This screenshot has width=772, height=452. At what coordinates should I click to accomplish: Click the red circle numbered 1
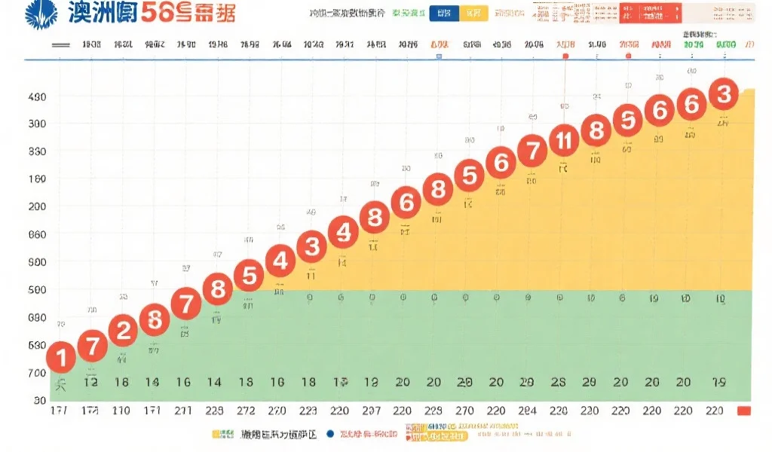(x=61, y=357)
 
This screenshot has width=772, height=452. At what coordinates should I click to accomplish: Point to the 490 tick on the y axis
(x=37, y=96)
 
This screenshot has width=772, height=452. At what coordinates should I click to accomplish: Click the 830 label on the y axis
(x=37, y=151)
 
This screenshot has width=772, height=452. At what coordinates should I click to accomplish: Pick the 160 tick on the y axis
(x=37, y=179)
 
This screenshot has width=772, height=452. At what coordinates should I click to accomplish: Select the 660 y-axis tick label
(x=37, y=234)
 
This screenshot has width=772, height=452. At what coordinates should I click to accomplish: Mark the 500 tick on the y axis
(x=37, y=290)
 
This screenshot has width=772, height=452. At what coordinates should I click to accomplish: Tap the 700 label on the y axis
(x=37, y=373)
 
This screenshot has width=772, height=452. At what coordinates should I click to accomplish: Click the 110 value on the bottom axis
(x=121, y=411)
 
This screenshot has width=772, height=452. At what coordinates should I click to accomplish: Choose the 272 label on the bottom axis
(x=247, y=411)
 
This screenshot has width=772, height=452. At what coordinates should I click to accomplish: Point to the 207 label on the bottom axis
(x=371, y=411)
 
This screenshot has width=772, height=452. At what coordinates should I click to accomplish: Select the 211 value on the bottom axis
(x=184, y=411)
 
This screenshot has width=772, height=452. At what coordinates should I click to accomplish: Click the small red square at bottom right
(x=744, y=411)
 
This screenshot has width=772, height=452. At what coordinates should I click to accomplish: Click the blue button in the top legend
(x=444, y=14)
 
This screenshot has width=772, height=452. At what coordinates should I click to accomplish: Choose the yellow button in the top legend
(x=473, y=14)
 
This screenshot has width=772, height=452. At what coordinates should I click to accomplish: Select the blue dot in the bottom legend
(x=329, y=435)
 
